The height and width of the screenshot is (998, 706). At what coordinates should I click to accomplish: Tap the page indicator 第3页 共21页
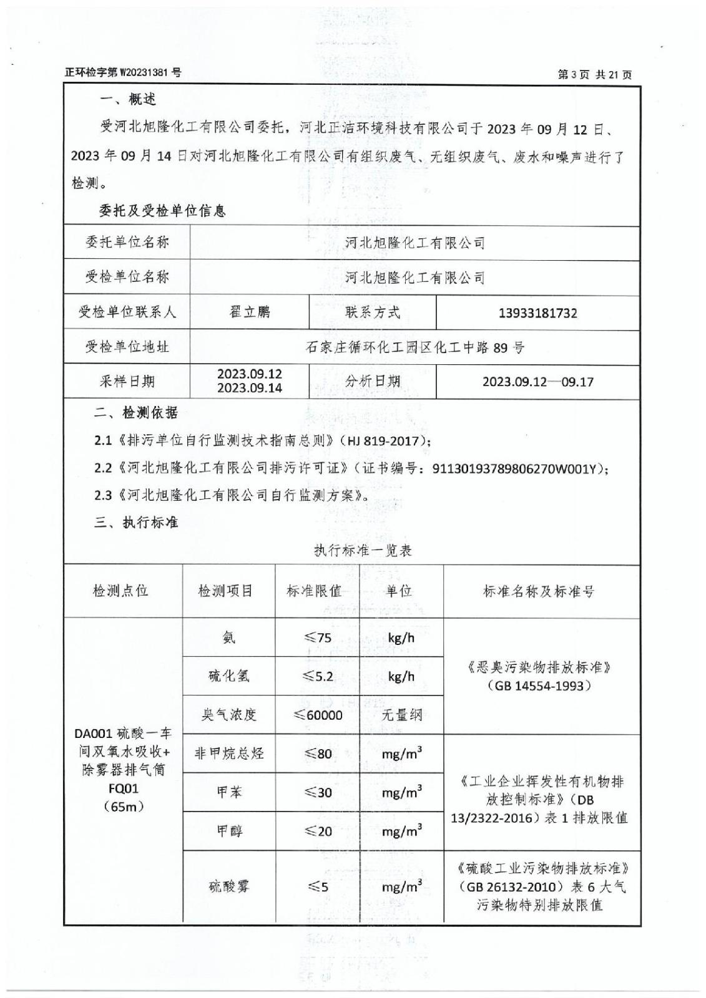click(x=594, y=75)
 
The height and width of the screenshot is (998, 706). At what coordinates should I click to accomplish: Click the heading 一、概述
click(x=128, y=99)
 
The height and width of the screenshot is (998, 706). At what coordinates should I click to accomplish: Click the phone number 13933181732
click(x=537, y=313)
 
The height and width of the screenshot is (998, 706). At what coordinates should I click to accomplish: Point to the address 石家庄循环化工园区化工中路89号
click(x=415, y=347)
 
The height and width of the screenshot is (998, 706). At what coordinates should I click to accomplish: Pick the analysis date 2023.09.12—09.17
click(x=537, y=382)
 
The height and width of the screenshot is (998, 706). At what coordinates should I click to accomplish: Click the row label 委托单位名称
click(x=127, y=243)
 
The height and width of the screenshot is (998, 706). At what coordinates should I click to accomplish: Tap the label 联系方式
click(x=373, y=312)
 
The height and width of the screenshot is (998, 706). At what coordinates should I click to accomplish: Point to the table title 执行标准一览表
click(x=363, y=550)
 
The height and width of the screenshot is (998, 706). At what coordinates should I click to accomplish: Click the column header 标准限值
click(x=314, y=591)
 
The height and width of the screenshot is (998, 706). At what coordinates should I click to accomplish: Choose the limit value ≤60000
click(x=318, y=715)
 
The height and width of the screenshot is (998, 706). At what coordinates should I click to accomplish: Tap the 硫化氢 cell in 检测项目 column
click(x=228, y=676)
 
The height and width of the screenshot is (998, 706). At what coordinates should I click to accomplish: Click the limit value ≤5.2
click(x=318, y=676)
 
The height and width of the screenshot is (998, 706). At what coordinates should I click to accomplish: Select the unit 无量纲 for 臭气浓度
click(x=401, y=715)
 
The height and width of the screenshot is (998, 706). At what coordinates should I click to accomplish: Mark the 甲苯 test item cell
click(x=228, y=792)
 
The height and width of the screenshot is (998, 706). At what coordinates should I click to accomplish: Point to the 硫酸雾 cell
click(x=228, y=886)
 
